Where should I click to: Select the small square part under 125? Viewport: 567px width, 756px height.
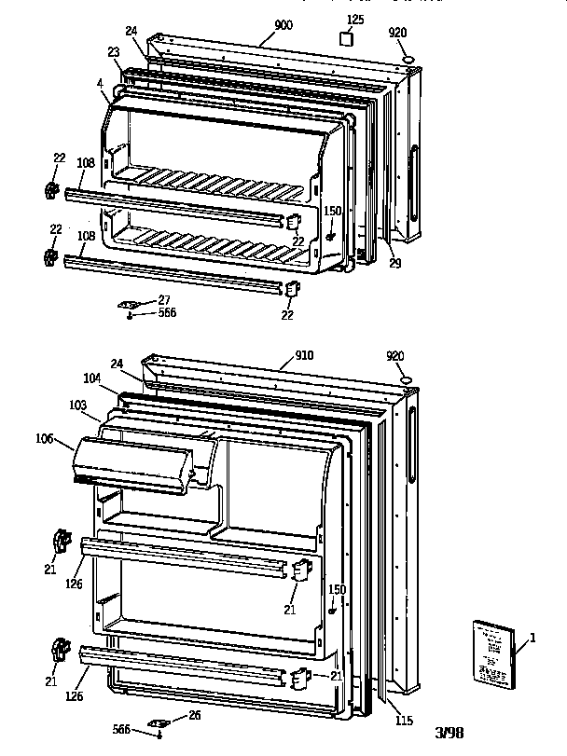click(x=347, y=40)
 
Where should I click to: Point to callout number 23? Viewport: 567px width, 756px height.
click(x=115, y=53)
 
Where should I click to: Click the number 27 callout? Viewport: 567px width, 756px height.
click(x=165, y=299)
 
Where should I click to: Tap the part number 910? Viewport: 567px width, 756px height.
click(x=304, y=355)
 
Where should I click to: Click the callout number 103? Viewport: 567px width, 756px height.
click(x=78, y=405)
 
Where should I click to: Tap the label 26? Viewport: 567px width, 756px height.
click(x=194, y=715)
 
